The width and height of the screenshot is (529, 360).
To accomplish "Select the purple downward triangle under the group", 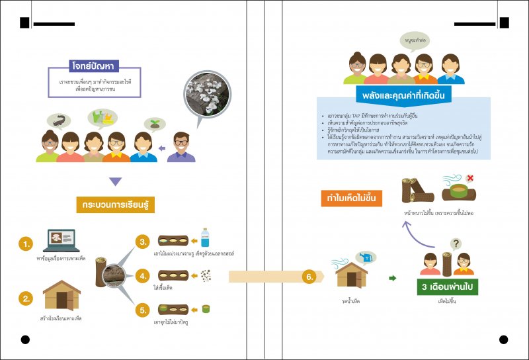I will point(115,181).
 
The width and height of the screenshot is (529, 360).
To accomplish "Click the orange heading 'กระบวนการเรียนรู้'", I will point(115,204).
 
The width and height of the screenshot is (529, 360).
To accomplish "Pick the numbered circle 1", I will point(26,244).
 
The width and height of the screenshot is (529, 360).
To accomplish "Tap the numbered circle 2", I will point(26,298).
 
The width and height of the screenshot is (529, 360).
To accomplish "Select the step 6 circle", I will point(309,277).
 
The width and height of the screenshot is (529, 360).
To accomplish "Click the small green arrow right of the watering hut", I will point(392,279).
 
